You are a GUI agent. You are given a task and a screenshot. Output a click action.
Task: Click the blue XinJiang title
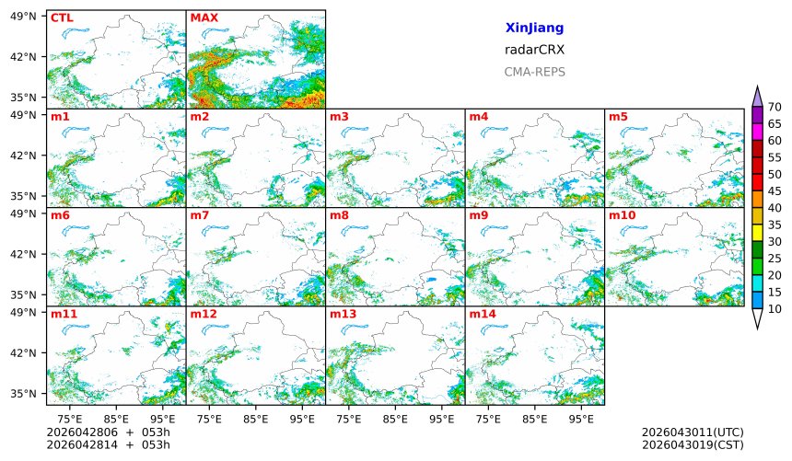(534, 29)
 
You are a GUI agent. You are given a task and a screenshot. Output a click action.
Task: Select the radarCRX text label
(534, 50)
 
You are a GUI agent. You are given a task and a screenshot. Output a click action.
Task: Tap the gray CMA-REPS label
(534, 72)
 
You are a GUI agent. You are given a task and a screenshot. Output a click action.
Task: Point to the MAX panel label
(204, 17)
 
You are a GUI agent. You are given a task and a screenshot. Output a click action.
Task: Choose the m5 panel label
(618, 117)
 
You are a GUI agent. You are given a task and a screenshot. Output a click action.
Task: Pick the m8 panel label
(339, 215)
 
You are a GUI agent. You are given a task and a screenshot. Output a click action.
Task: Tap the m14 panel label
(482, 314)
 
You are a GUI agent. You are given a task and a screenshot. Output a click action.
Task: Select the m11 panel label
(64, 314)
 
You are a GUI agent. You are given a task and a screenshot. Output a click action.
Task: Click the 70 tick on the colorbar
(775, 107)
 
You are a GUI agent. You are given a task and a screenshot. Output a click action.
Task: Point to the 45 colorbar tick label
(775, 191)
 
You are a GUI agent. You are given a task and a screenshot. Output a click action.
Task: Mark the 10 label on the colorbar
(775, 309)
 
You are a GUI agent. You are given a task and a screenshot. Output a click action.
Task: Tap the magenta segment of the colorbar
(757, 132)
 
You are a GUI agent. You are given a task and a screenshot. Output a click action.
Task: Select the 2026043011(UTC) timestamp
(692, 432)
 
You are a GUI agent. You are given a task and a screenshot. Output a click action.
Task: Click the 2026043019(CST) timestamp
(692, 444)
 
